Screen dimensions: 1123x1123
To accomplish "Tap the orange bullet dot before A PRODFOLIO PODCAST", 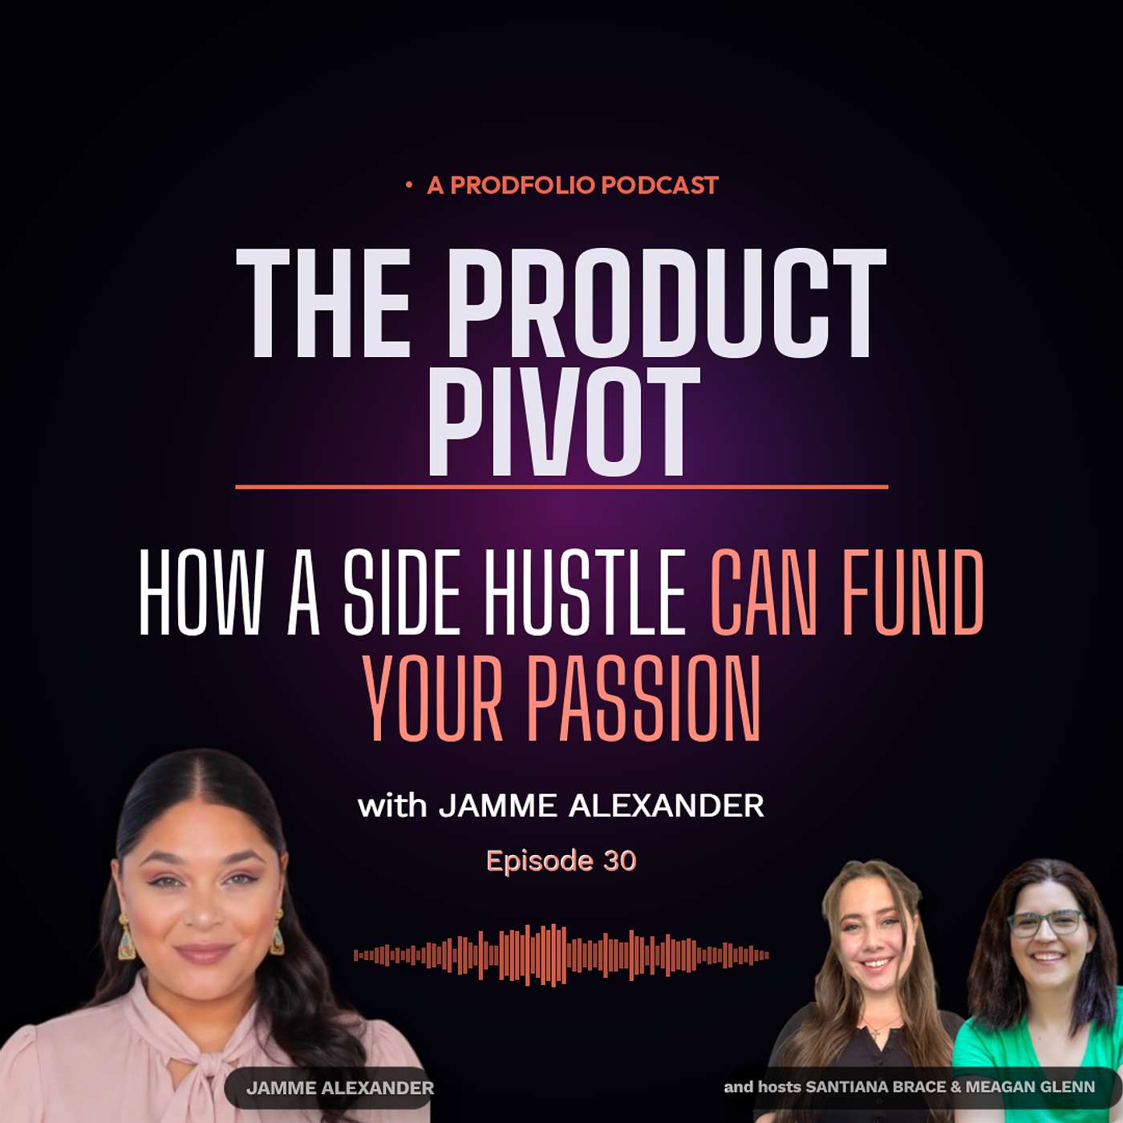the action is [x=409, y=185].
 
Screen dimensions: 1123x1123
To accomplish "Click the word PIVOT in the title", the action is [x=563, y=421].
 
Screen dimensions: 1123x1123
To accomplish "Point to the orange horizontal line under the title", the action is [x=561, y=487].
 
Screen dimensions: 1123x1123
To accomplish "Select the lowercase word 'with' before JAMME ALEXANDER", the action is [x=392, y=807].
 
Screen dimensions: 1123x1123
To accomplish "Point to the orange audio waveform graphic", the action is [x=561, y=955].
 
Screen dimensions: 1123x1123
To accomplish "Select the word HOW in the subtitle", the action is [x=199, y=592].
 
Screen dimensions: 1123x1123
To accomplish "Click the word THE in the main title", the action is [x=323, y=303].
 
